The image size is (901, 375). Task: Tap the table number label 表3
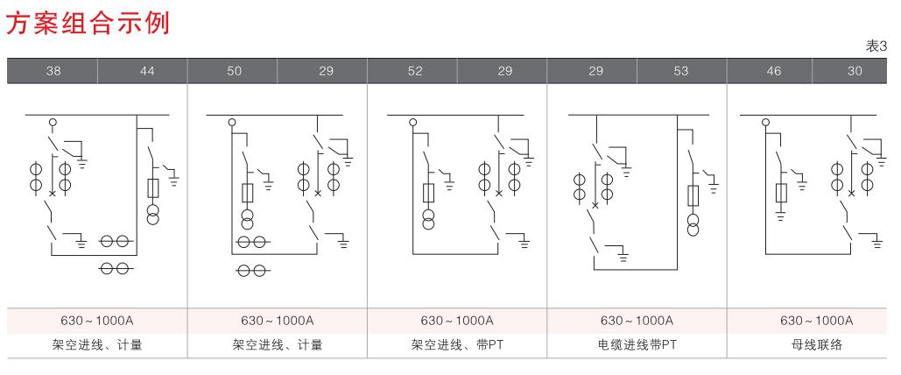876,46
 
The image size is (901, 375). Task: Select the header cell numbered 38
53,71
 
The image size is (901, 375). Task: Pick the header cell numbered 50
234,71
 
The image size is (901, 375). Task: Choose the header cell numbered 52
412,71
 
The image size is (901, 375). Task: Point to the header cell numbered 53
682,71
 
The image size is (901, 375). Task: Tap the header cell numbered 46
773,71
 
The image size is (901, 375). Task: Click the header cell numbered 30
855,71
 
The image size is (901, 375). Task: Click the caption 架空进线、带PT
456,345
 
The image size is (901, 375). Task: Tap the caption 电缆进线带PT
636,345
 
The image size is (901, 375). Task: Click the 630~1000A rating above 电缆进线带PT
636,321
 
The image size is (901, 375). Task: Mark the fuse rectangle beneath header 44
153,188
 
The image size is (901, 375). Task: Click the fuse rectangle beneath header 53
693,195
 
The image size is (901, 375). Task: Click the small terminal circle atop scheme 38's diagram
52,122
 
